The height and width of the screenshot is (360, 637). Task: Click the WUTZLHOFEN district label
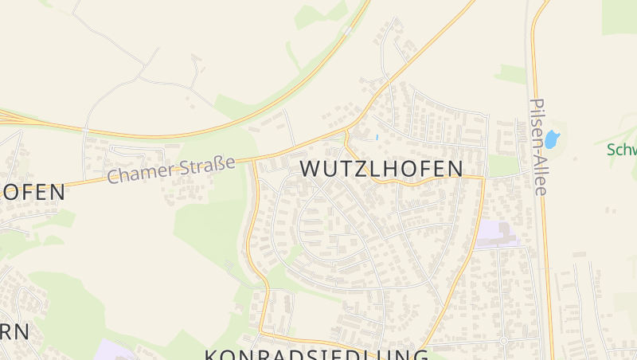click(381, 169)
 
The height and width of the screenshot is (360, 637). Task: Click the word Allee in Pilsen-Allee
click(540, 168)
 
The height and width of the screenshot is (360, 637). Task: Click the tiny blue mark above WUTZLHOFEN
click(376, 137)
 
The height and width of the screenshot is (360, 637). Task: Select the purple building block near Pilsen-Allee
click(494, 234)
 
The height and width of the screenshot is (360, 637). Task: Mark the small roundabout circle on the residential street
click(503, 341)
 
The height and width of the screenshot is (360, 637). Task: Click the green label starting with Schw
click(621, 150)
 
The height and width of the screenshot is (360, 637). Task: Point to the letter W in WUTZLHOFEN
click(311, 169)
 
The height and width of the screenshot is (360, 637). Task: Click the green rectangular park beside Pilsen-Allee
click(502, 165)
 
